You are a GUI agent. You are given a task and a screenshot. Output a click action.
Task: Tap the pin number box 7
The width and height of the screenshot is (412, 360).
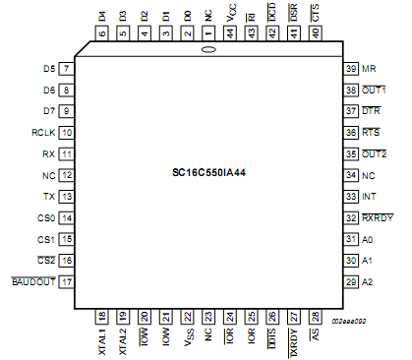[66, 69]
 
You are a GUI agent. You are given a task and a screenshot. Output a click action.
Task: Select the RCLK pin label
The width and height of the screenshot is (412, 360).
[43, 132]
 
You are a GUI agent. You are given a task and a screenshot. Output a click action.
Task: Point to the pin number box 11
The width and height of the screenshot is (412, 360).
[66, 154]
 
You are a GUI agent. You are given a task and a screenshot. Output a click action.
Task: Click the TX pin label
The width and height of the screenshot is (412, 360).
[49, 197]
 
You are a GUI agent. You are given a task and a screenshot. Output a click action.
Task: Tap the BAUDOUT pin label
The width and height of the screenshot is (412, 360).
[33, 282]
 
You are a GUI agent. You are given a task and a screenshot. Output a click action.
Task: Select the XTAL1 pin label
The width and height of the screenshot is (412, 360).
[102, 339]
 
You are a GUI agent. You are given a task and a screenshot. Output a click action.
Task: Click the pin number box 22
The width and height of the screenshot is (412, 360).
[187, 316]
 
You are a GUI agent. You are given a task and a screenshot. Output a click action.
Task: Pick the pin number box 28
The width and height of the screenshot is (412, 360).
[316, 316]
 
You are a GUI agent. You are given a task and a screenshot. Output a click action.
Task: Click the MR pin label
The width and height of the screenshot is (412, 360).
[369, 69]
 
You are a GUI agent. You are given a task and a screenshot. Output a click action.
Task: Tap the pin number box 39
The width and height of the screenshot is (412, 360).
[350, 69]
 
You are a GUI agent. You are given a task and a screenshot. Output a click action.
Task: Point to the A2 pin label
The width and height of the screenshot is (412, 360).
[368, 282]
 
